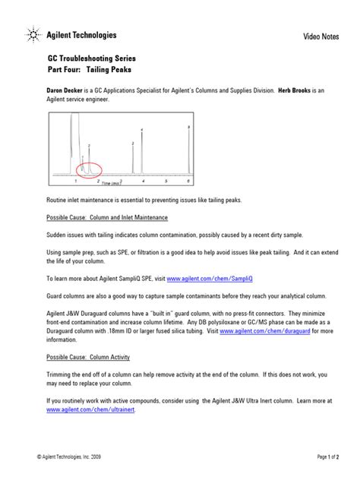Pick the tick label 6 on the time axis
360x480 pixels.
coord(188,183)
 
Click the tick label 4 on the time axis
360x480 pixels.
coord(143,183)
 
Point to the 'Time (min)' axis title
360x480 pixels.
coord(111,184)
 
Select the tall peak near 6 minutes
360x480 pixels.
coord(188,152)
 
